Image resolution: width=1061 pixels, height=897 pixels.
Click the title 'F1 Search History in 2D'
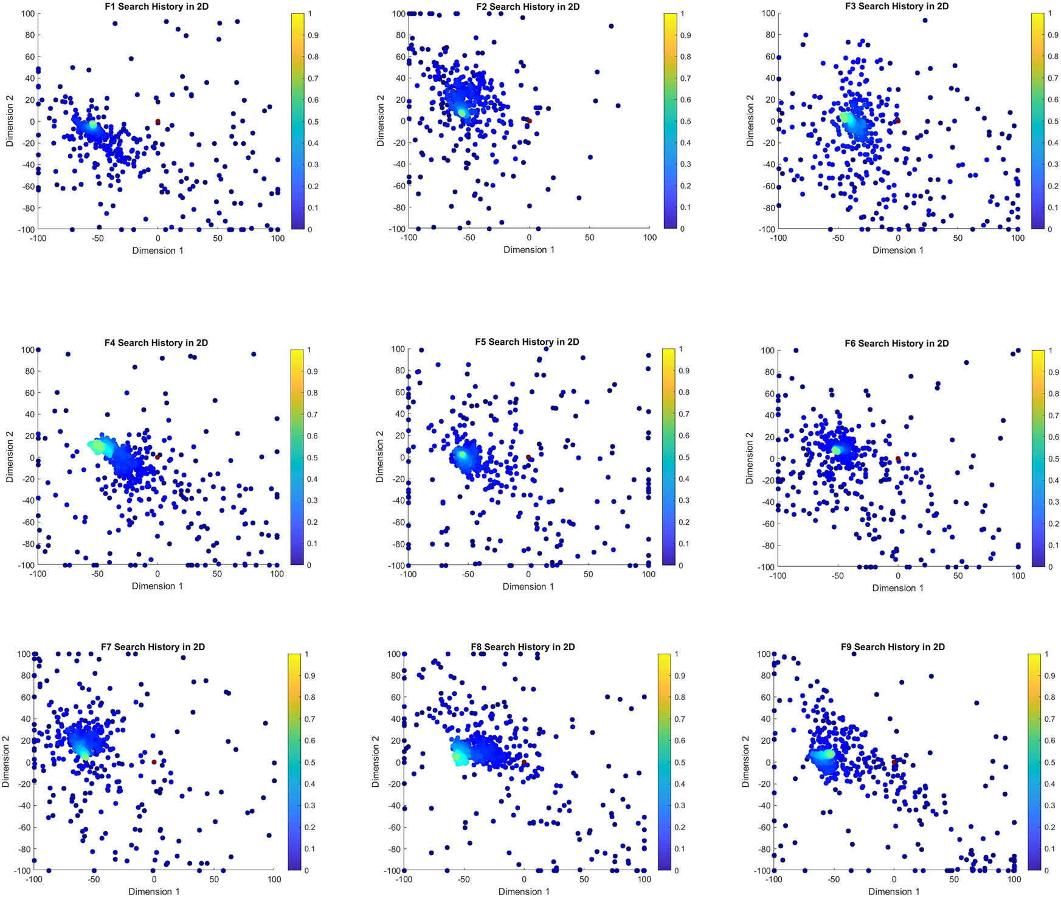(156, 7)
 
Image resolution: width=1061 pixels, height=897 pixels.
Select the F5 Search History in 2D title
(527, 342)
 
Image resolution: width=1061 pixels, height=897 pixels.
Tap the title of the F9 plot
(893, 646)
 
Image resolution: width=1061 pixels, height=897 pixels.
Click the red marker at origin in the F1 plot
(157, 122)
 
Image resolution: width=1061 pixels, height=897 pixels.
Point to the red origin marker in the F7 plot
(154, 762)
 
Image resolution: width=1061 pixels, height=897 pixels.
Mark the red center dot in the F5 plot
(528, 457)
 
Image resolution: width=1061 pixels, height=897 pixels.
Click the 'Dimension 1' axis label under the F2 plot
(529, 249)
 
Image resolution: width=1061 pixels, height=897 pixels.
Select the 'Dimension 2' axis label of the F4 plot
(10, 457)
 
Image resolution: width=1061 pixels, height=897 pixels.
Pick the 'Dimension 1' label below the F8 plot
(524, 891)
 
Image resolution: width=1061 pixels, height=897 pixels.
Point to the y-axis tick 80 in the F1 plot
(29, 35)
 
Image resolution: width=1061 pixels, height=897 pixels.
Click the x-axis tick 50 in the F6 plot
(958, 575)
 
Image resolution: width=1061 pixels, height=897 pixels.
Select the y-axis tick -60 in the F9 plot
(763, 827)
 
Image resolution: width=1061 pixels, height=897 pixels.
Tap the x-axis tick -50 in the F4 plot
(97, 573)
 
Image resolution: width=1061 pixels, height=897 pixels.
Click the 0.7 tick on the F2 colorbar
(685, 78)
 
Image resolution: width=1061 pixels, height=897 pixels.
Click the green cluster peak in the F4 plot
(97, 446)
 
